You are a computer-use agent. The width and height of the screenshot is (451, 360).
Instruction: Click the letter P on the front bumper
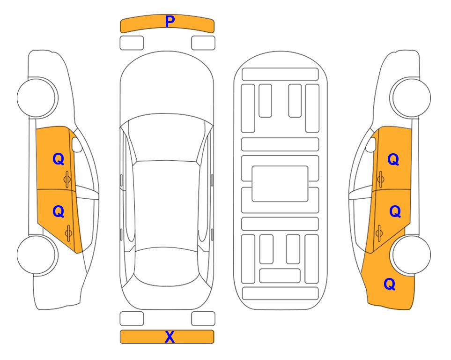pos(170,22)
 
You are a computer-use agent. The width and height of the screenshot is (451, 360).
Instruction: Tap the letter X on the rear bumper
pos(170,337)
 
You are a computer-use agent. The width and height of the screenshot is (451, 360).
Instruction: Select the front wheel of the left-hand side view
pos(37,97)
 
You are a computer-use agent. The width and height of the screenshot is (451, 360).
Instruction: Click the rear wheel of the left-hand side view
pos(37,255)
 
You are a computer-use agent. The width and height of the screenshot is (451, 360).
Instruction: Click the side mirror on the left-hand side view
pos(76,144)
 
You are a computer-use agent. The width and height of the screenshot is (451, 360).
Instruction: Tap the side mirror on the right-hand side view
pos(371,144)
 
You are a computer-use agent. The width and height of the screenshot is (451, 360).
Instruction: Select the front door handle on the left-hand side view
pos(67,179)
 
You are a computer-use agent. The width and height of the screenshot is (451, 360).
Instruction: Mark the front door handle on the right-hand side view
pos(381,179)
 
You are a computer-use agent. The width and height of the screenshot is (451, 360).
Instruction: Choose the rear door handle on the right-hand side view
pos(379,232)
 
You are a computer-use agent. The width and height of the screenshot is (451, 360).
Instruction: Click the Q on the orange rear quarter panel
pos(390,284)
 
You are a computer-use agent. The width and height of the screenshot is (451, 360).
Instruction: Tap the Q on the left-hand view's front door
pos(59,159)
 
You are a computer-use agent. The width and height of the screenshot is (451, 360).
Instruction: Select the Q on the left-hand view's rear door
pos(59,211)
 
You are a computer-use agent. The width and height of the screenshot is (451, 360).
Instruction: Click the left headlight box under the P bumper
pos(132,43)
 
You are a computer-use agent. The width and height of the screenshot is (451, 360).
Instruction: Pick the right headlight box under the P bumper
pos(203,43)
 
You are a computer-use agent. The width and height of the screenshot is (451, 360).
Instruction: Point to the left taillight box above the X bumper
pos(132,319)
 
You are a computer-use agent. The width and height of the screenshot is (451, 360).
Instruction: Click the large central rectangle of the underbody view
pos(280,184)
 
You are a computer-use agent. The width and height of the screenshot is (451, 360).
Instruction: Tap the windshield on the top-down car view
pos(167,138)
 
